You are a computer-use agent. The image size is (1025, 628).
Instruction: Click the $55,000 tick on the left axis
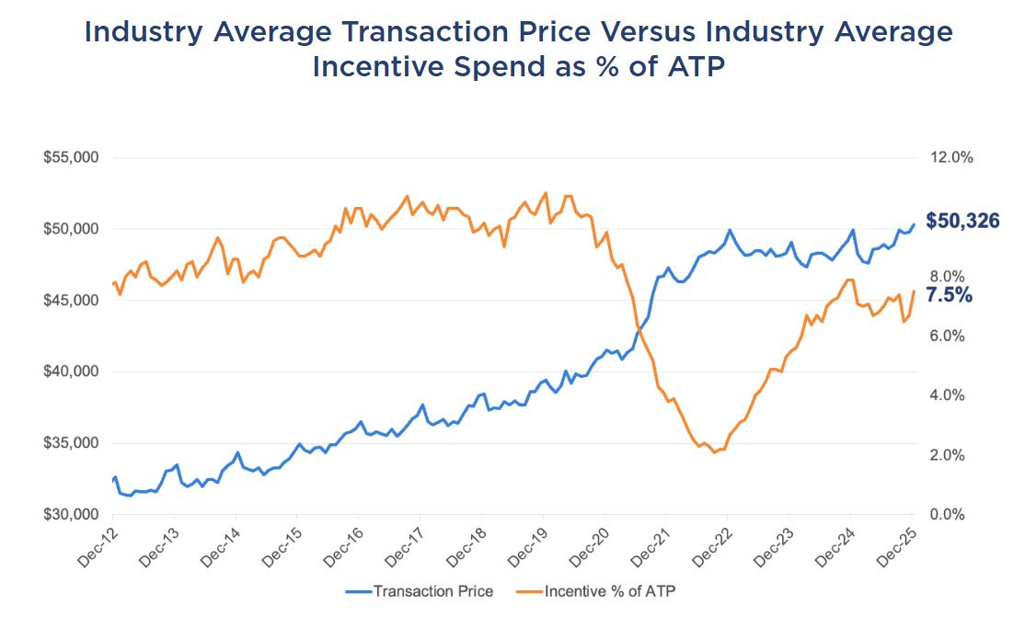[x=71, y=157]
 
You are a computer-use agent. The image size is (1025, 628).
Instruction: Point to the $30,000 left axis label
[x=71, y=515]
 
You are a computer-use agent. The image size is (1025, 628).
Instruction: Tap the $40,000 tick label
[x=71, y=371]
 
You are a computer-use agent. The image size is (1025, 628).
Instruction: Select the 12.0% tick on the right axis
[x=951, y=157]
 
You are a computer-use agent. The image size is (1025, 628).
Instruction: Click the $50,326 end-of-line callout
[x=962, y=221]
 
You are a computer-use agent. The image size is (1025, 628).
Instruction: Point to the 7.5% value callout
[x=949, y=295]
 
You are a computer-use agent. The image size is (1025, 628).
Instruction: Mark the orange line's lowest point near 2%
[x=714, y=452]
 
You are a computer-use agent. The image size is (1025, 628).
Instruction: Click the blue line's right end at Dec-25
[x=913, y=224]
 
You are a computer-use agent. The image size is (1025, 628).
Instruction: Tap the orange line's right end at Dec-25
[x=913, y=291]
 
